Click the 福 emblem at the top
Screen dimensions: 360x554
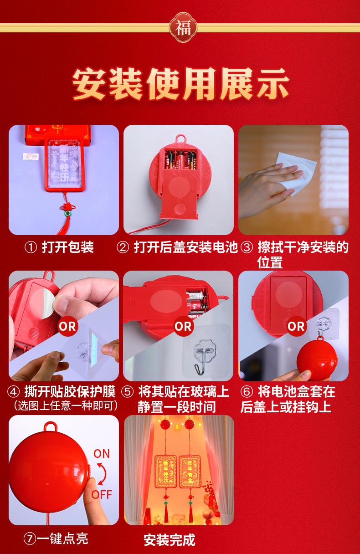(x=183, y=28)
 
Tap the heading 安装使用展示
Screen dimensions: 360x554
(x=180, y=84)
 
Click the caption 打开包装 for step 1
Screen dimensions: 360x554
(x=67, y=247)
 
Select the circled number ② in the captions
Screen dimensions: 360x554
(x=123, y=247)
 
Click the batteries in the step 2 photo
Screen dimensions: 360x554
(x=180, y=160)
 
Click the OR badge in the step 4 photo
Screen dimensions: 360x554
(x=67, y=327)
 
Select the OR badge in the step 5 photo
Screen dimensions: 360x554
(x=183, y=327)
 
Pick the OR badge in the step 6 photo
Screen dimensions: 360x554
(x=296, y=327)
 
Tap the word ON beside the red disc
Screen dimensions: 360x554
(x=102, y=454)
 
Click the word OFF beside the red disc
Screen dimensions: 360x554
(x=102, y=495)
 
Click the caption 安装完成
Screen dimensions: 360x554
(x=170, y=540)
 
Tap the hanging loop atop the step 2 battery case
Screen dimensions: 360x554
(x=180, y=138)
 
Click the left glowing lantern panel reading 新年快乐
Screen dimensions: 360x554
(x=165, y=472)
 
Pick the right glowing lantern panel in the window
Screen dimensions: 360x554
(x=190, y=472)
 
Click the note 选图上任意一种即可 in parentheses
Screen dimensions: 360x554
(x=66, y=405)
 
